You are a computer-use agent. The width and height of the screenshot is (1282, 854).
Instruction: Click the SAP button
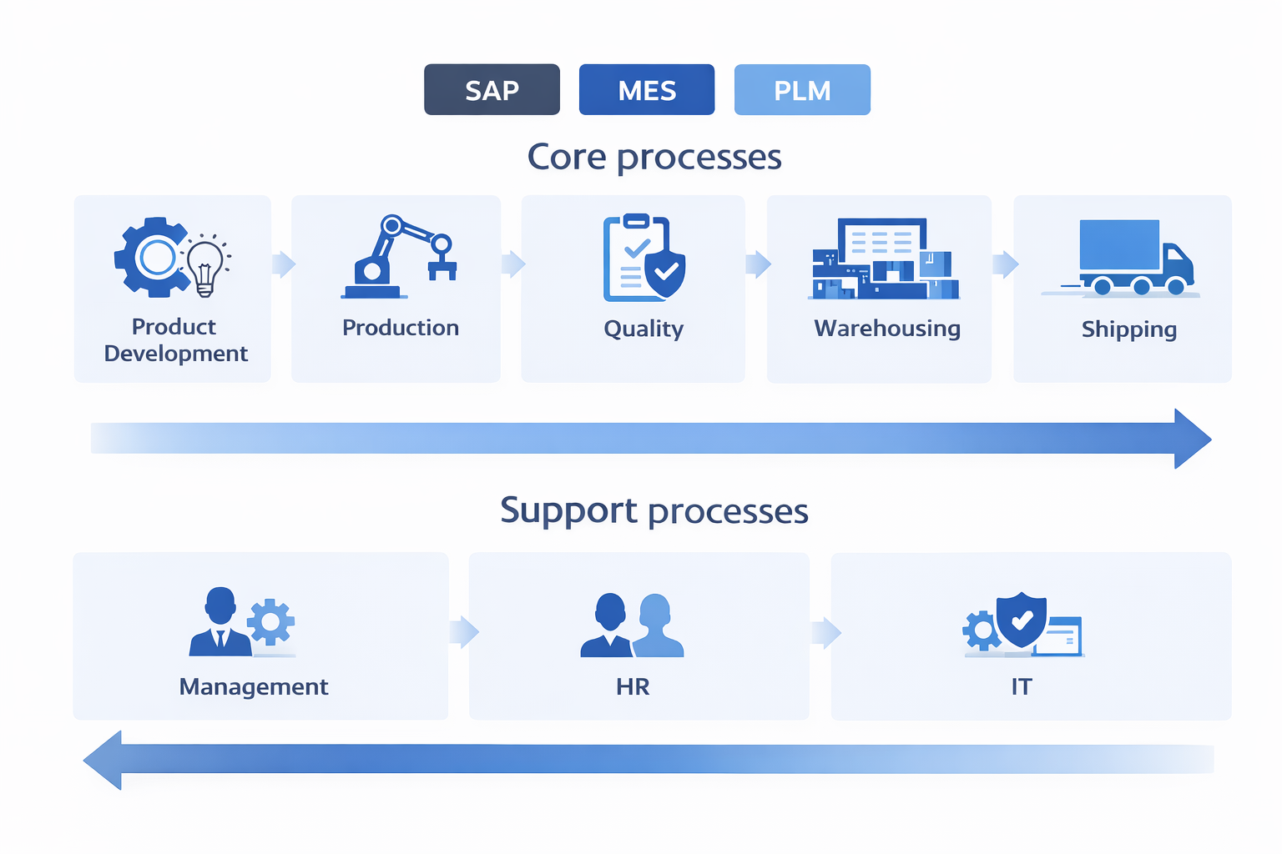click(492, 89)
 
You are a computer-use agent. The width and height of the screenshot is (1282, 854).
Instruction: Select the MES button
click(647, 89)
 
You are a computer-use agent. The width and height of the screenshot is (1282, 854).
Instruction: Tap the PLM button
click(802, 89)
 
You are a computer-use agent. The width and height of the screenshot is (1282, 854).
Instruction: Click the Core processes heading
click(654, 157)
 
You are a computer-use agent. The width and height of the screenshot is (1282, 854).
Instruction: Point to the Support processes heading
click(654, 510)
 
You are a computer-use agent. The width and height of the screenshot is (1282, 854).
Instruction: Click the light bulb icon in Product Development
click(205, 265)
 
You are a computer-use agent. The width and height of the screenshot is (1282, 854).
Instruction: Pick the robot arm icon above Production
click(399, 257)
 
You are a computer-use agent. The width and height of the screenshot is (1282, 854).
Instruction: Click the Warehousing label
click(887, 329)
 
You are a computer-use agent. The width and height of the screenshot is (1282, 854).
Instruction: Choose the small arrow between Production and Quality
click(513, 264)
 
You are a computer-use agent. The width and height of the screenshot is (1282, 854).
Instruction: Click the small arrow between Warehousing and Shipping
click(1005, 264)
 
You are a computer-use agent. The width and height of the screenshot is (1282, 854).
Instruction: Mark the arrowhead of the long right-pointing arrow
click(1191, 439)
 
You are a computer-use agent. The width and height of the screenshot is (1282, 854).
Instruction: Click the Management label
click(254, 686)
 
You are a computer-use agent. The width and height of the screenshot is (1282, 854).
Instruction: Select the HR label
click(633, 686)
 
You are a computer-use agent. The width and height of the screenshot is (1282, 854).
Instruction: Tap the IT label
click(1022, 686)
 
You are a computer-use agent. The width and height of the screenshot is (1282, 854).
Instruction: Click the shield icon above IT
click(1022, 620)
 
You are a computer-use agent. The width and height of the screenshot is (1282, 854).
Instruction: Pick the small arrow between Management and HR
click(464, 632)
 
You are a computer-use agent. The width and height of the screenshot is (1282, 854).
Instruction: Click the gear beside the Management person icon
click(270, 621)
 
